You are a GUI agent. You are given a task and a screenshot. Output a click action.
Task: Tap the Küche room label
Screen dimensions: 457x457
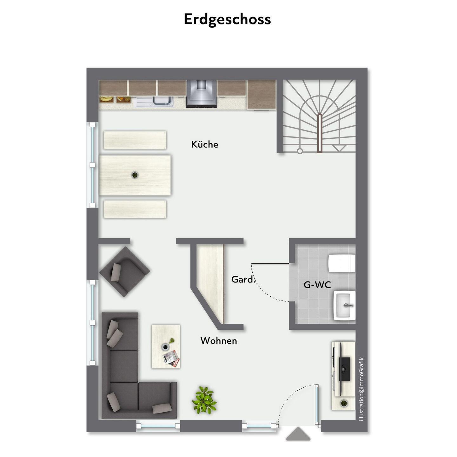pos(205,144)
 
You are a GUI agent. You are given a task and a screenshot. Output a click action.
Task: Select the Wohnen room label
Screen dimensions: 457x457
pos(219,341)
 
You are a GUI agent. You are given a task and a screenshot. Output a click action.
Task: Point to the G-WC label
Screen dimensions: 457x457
pos(317,285)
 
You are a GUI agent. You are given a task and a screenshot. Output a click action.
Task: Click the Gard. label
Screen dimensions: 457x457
pos(242,279)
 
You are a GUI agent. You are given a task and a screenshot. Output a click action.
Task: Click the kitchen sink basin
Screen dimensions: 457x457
pos(163,101)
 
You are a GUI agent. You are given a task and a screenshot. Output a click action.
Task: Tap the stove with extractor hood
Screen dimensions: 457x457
pos(202,94)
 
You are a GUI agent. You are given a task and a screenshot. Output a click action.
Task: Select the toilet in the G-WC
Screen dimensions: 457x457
pos(341,263)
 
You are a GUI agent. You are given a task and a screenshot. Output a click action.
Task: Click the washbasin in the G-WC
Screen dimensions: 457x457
pos(345,305)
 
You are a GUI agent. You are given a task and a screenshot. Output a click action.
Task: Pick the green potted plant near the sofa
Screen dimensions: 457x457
pos(204,403)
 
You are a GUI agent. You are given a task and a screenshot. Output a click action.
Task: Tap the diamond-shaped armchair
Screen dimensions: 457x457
pos(124,272)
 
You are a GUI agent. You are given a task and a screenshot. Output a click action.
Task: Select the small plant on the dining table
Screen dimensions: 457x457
pos(135,175)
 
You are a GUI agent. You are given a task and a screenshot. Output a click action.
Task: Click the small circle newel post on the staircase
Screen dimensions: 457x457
pos(300,151)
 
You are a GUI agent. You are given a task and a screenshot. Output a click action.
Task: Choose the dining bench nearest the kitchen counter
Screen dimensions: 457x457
pos(135,140)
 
